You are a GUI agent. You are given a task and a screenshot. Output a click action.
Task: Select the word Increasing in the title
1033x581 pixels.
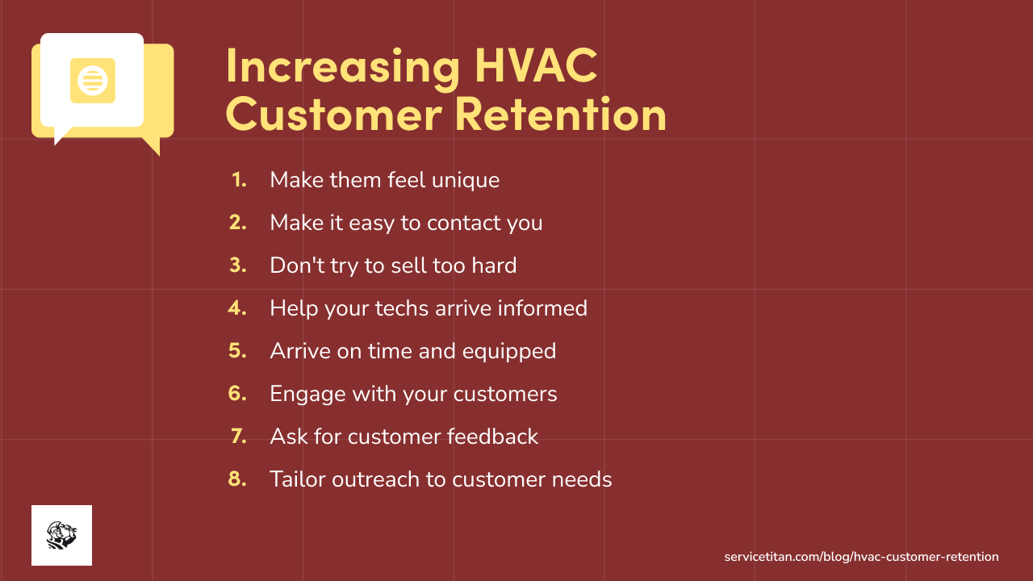tap(341, 68)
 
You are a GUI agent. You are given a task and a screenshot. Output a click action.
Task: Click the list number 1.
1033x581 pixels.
tap(240, 180)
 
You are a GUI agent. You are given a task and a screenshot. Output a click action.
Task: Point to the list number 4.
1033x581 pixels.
tap(238, 308)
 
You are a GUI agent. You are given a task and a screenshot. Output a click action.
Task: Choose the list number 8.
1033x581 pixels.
tap(238, 479)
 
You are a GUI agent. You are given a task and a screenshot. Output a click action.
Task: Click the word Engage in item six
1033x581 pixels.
tap(306, 395)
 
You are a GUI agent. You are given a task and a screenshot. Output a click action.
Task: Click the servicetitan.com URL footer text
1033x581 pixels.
tap(861, 557)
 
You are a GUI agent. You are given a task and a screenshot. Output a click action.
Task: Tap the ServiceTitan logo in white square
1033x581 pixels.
tap(61, 535)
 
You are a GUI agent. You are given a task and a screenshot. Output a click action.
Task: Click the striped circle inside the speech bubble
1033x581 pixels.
tap(92, 81)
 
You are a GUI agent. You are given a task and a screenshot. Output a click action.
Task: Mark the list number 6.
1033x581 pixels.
tap(238, 394)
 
